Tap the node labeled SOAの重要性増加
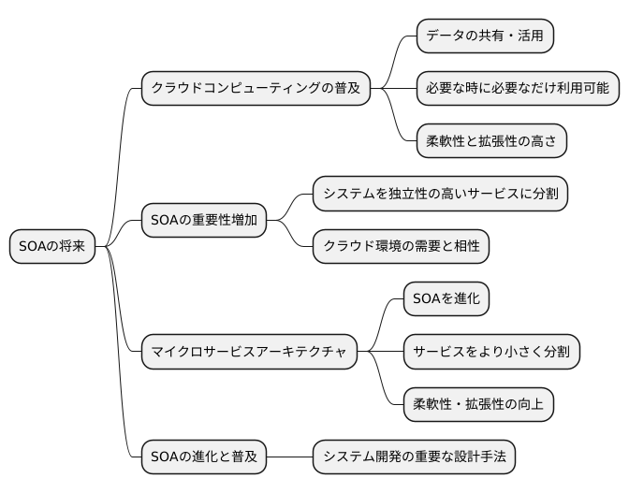pos(203,221)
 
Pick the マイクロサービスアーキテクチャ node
pos(248,352)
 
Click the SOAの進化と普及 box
pos(203,457)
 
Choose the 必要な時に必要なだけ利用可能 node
pos(517,89)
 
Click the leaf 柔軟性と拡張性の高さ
pos(490,141)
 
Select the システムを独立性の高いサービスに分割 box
pos(440,195)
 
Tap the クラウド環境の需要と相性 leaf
pos(401,247)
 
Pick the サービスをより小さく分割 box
pos(491,352)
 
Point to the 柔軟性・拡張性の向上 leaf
pos(478,404)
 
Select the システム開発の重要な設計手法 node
pos(413,457)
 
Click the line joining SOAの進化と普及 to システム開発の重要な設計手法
pos(288,457)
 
